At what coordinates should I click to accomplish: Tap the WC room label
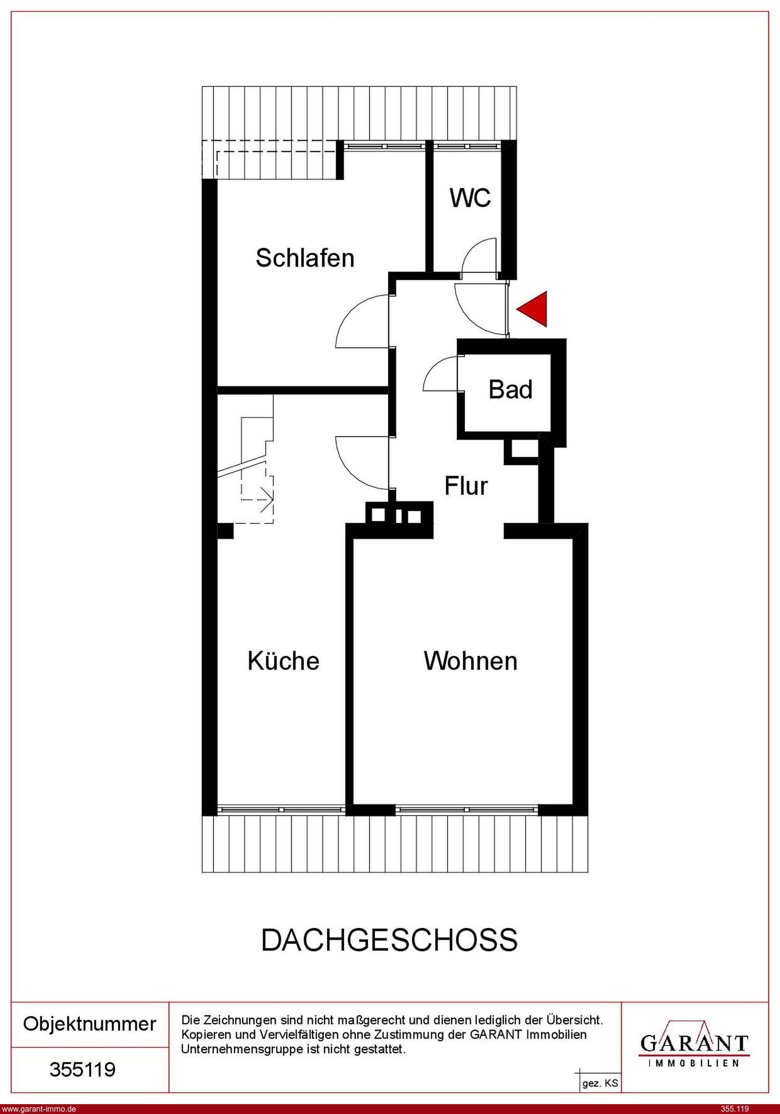[x=470, y=198]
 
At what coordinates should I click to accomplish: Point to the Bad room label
[x=510, y=390]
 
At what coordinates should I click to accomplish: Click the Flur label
[x=466, y=486]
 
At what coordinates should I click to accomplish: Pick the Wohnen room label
[x=471, y=661]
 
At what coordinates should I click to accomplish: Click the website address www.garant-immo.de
[x=39, y=1109]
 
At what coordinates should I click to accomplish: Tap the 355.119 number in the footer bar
[x=735, y=1109]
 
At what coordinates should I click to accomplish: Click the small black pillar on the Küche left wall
[x=225, y=531]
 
